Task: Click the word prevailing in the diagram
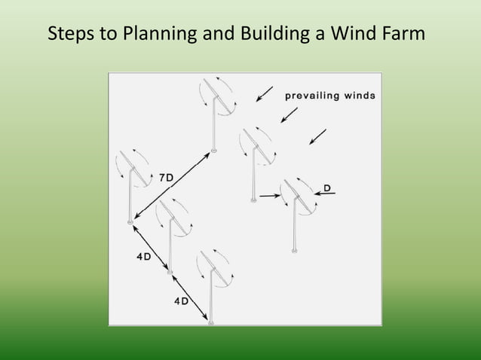[x=314, y=96]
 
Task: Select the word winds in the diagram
[x=360, y=96]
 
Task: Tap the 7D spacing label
[x=166, y=177]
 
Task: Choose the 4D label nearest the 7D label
[x=142, y=256]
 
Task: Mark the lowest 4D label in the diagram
[x=181, y=301]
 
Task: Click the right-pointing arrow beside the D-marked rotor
[x=270, y=196]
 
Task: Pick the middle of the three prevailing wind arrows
[x=289, y=114]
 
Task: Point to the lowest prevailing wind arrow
[x=318, y=136]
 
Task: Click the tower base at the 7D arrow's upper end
[x=215, y=151]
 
